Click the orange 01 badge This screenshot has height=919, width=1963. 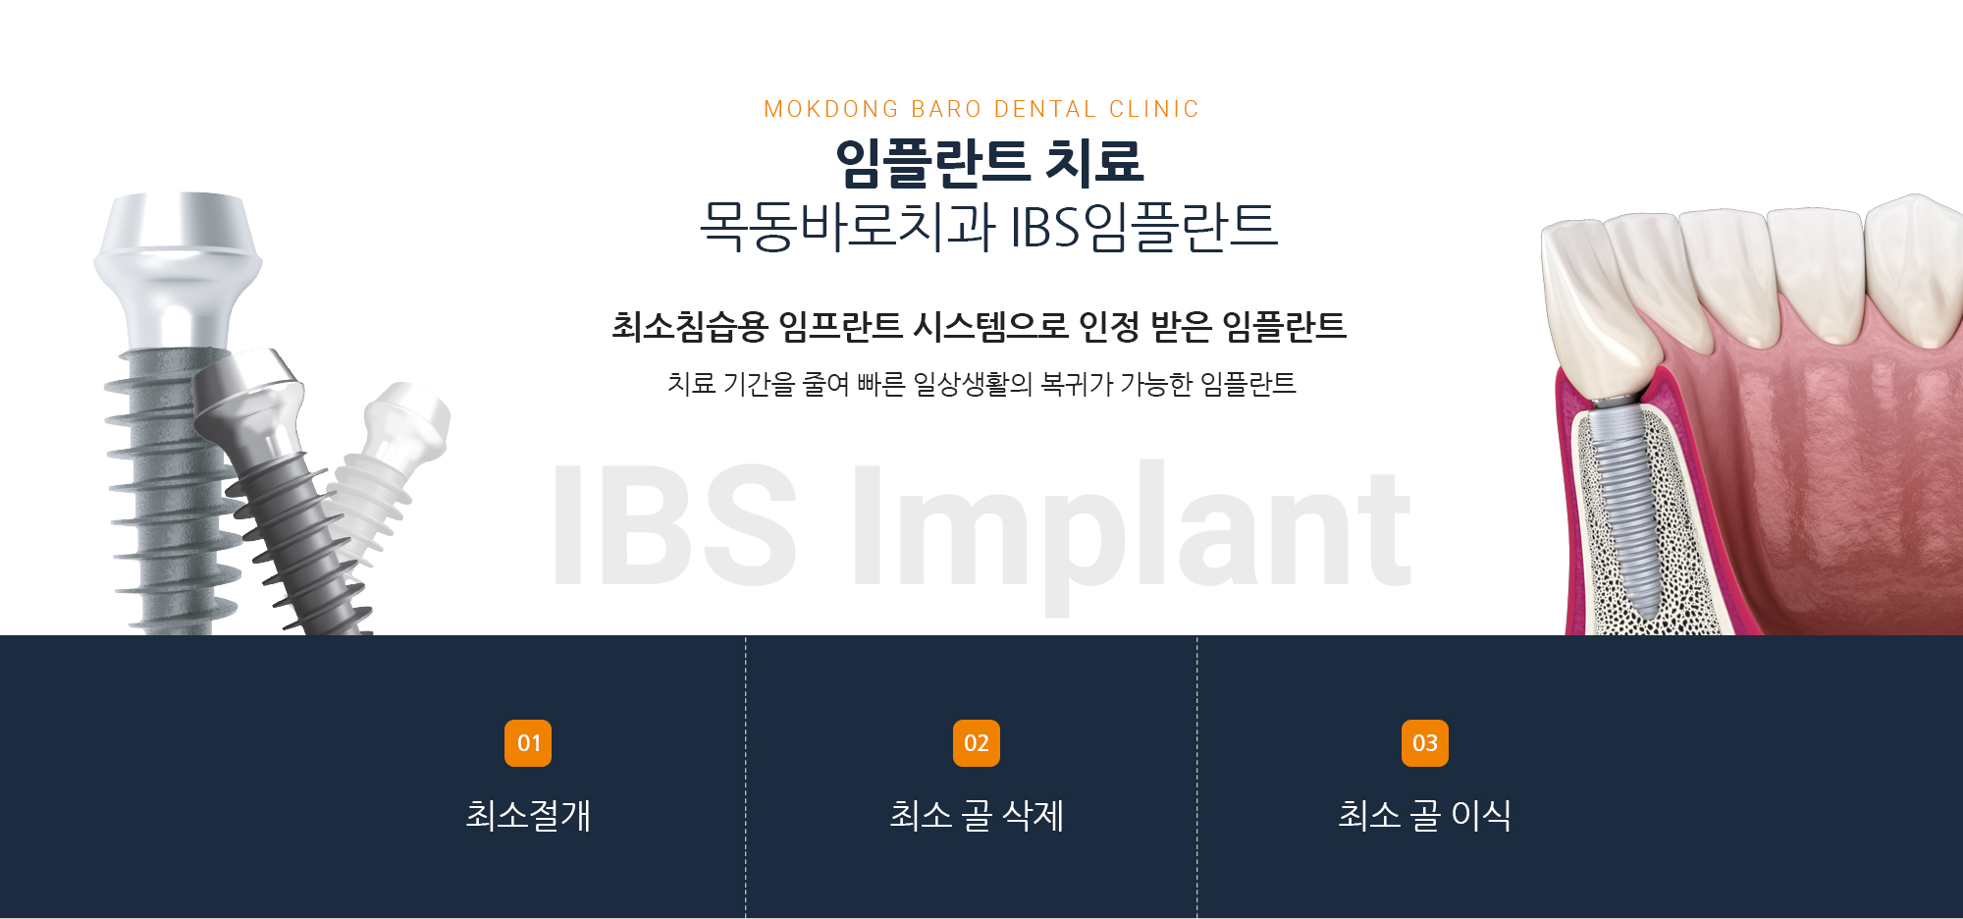click(x=528, y=743)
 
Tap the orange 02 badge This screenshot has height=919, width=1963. click(x=977, y=743)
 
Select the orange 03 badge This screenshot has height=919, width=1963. click(x=1425, y=743)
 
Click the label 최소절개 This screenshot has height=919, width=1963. click(x=528, y=815)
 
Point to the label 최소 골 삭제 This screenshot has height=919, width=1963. click(x=977, y=815)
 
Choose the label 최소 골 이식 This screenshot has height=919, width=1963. click(x=1425, y=815)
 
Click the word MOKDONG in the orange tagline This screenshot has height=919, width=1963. click(x=831, y=109)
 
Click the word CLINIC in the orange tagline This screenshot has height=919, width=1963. click(x=1154, y=109)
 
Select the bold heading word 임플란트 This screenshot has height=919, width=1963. click(x=931, y=162)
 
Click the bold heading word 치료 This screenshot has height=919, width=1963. click(x=1094, y=162)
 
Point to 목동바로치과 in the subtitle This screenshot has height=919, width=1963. click(x=847, y=226)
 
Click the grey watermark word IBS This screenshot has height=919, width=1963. click(x=674, y=525)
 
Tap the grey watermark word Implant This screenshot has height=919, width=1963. click(x=1132, y=535)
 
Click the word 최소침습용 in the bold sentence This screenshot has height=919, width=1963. click(x=689, y=326)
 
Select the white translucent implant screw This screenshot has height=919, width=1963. click(x=388, y=471)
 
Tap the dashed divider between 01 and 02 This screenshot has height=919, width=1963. click(x=746, y=777)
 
